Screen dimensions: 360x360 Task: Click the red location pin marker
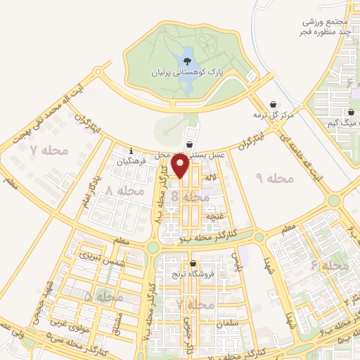pyautogui.click(x=180, y=166)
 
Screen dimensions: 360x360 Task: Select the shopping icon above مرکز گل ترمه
pyautogui.click(x=273, y=105)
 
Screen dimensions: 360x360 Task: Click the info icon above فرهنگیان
pyautogui.click(x=131, y=149)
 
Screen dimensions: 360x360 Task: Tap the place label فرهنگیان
pyautogui.click(x=131, y=160)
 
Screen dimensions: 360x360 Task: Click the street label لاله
pyautogui.click(x=210, y=181)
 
